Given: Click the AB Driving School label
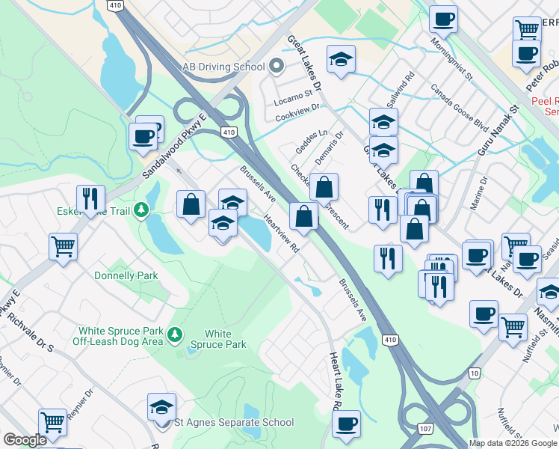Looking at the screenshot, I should pos(223,67).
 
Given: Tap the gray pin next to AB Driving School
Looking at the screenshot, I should pos(276,67).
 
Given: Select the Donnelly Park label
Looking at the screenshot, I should pos(126,275).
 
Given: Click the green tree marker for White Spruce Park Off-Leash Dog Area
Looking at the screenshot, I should pos(176,333).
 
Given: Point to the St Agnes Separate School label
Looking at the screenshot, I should pos(234,422).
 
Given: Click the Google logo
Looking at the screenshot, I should pos(25,440).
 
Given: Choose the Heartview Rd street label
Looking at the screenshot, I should pos(282,234).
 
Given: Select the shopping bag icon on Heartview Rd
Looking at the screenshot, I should pos(303,217).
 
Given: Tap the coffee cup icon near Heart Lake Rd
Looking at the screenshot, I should pos(345,424).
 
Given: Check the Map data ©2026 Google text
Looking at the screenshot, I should pos(513,443).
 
